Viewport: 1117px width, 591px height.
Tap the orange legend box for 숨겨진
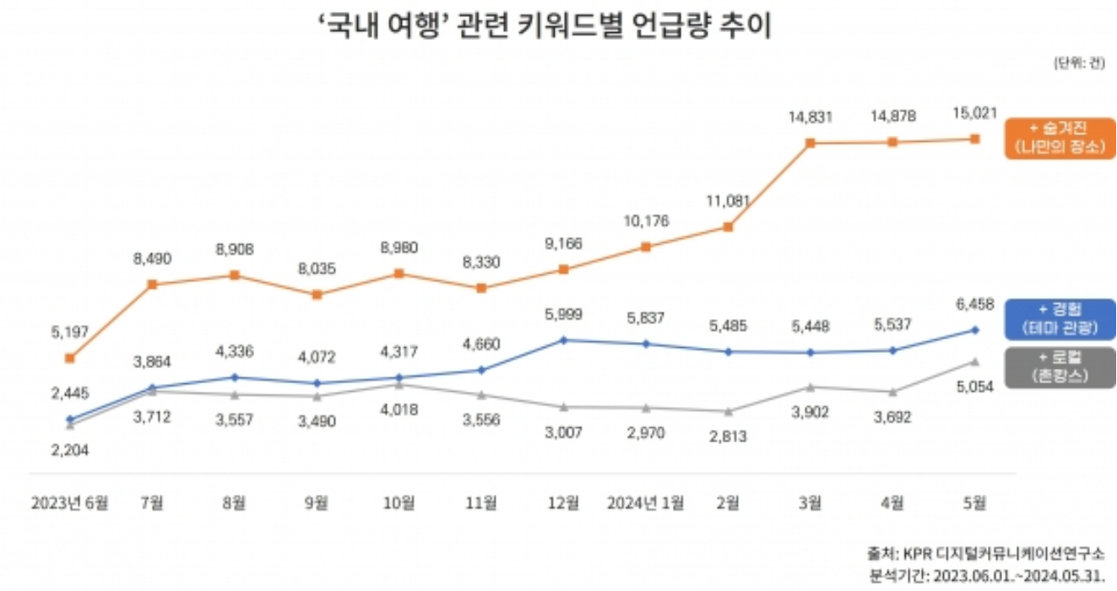(1060, 138)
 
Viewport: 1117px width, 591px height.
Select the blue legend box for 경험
(1060, 319)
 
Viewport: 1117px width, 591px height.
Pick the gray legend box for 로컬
(1060, 366)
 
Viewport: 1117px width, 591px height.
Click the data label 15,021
(975, 113)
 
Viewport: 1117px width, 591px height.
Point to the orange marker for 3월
(810, 143)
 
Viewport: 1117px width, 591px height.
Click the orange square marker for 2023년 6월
(70, 358)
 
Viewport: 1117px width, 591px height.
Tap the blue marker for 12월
(564, 340)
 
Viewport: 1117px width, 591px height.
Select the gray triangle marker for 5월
(974, 361)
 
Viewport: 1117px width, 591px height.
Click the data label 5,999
(565, 314)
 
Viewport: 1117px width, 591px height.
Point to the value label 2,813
(728, 436)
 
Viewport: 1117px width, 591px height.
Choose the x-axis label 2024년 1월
(646, 503)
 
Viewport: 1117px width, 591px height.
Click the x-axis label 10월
(399, 503)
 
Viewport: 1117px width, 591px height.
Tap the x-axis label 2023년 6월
(70, 503)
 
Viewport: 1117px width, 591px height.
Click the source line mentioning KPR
(984, 555)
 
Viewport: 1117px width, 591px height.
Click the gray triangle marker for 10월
(399, 384)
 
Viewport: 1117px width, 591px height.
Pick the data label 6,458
(975, 303)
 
